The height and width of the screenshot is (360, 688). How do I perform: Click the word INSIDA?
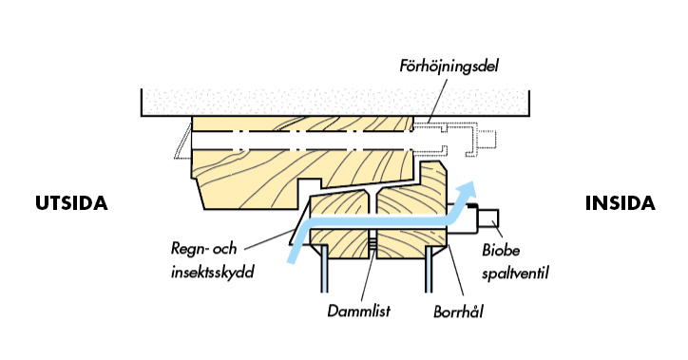coord(620,204)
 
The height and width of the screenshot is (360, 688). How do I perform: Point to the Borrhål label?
coord(458,309)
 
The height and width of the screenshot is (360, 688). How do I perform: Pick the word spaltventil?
coord(517,274)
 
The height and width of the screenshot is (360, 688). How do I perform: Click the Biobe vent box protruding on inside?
coord(488,220)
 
